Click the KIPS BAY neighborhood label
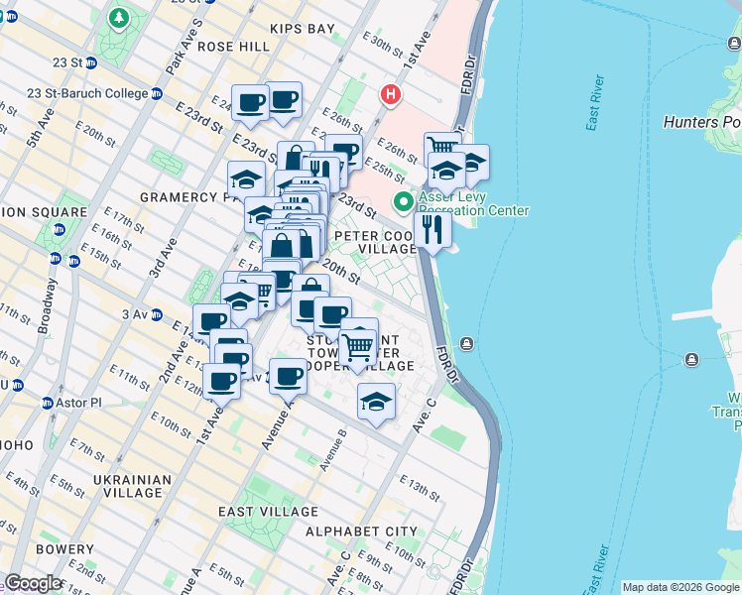click(296, 29)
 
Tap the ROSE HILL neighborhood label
click(234, 47)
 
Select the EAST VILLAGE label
click(270, 512)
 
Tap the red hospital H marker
click(392, 95)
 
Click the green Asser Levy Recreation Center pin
click(403, 202)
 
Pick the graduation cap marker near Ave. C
click(375, 402)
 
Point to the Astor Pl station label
click(79, 404)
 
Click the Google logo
click(33, 583)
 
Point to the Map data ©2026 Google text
click(680, 587)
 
